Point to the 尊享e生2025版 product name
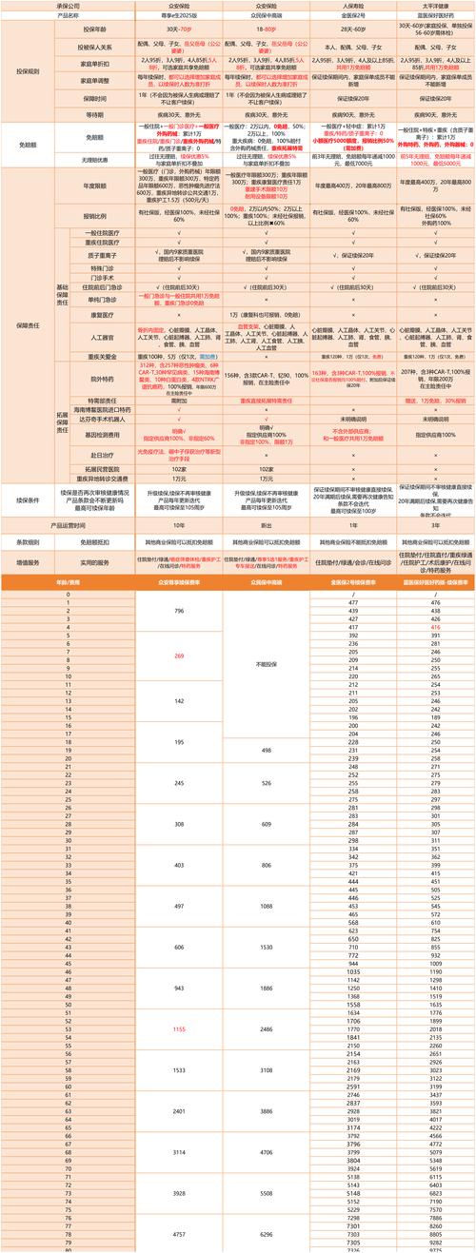tap(179, 15)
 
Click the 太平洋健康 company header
tap(434, 5)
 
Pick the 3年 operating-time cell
tap(434, 524)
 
